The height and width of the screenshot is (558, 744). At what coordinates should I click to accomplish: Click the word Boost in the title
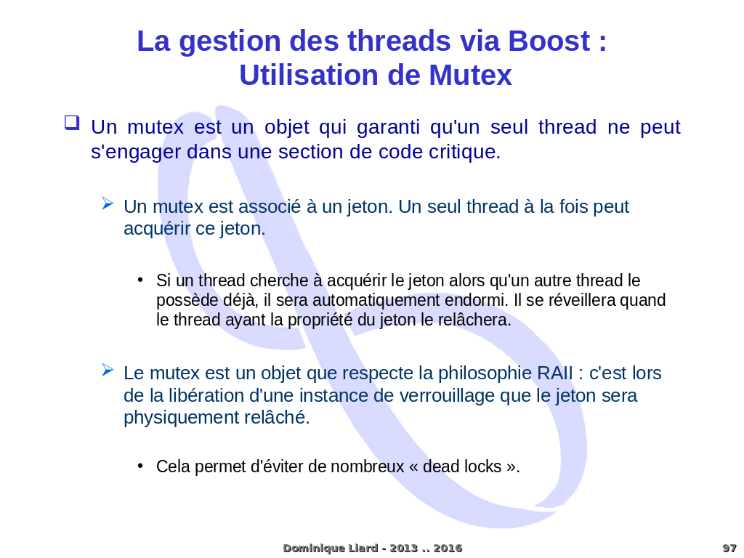(x=549, y=41)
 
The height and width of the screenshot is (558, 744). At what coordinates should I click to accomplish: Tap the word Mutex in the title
(x=470, y=76)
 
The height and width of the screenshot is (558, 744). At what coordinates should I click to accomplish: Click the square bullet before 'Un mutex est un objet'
(x=71, y=123)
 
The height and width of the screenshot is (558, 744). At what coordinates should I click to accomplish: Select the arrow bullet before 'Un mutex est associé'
(x=108, y=203)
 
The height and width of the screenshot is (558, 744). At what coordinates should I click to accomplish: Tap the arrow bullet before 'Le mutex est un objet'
(x=108, y=370)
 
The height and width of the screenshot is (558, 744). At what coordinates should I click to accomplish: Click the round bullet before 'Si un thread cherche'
(x=140, y=280)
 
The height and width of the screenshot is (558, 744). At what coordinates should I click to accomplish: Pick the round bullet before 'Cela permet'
(x=140, y=466)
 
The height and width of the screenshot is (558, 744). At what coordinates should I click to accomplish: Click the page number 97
(x=729, y=548)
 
